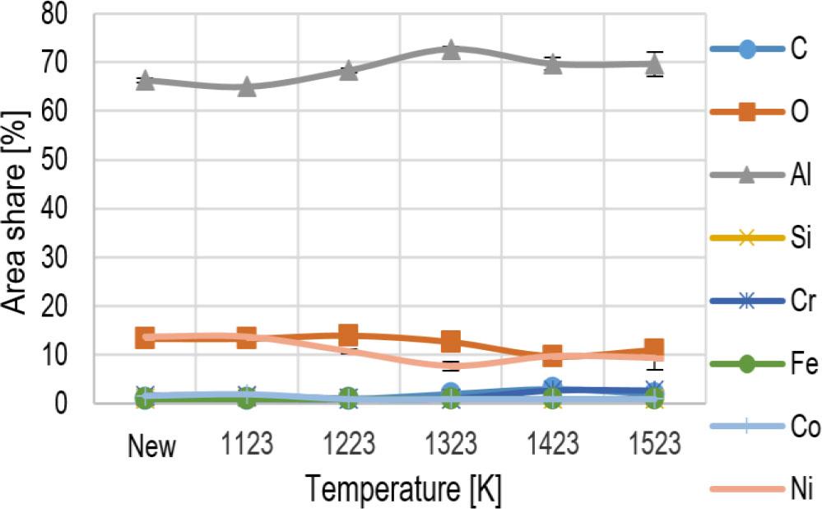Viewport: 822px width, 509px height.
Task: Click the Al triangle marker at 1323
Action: click(450, 49)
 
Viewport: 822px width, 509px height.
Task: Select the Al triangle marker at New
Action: click(145, 81)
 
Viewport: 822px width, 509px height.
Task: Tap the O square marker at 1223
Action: click(348, 334)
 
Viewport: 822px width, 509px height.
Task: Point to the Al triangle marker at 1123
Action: click(247, 86)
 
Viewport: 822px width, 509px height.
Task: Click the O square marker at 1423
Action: click(552, 356)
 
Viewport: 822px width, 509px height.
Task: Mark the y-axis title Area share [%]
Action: click(18, 208)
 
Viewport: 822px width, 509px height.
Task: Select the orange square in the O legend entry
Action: click(745, 112)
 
